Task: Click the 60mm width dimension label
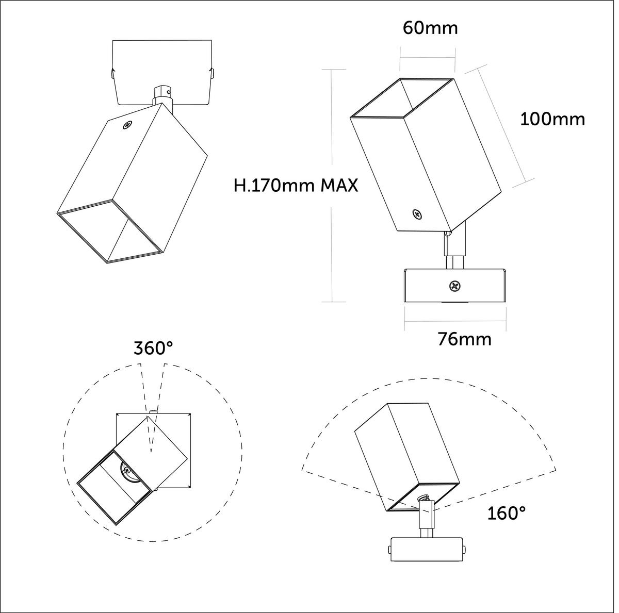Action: pos(430,28)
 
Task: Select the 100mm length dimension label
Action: pos(552,119)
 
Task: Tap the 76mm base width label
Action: pos(464,339)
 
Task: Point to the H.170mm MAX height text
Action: pos(296,185)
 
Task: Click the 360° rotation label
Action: pos(153,349)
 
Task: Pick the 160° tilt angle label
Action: pos(507,513)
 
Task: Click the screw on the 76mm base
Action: pos(454,285)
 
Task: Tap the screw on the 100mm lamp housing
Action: pos(417,214)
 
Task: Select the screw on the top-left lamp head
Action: pos(127,124)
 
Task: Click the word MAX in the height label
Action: pos(339,185)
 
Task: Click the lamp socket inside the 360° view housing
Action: pos(127,470)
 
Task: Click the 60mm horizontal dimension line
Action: pos(428,58)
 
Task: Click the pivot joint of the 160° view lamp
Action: pos(423,500)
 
